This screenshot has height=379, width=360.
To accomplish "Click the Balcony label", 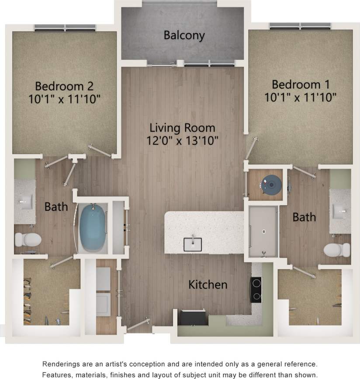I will pos(184,35).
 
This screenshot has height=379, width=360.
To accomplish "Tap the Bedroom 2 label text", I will pos(64,85).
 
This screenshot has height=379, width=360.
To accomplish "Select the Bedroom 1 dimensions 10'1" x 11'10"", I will pos(300,97).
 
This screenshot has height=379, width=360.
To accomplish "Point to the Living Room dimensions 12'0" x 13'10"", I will pos(182,141).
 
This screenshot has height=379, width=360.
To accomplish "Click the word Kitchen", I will pos(208,285).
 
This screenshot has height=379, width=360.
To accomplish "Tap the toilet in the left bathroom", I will pos(28,240).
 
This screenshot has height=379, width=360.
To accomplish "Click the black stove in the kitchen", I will pos(256,290).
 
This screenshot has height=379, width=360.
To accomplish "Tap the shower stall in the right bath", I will pos(263,232).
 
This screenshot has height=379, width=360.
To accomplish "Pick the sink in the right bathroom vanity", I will pos(340,212).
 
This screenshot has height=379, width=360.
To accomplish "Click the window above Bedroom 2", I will pos(65,28).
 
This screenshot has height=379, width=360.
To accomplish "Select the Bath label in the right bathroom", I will pos(304,217).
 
